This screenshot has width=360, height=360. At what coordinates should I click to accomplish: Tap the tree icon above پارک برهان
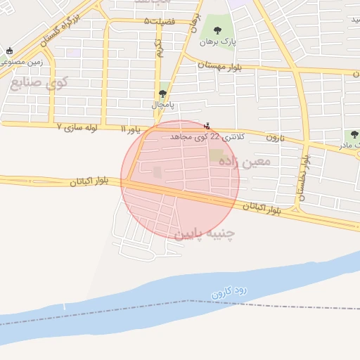tap(217, 30)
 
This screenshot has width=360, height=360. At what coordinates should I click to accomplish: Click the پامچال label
tap(163, 104)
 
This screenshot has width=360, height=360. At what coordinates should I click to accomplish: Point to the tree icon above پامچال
tap(163, 94)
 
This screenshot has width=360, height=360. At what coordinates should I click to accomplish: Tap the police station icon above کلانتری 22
tap(206, 126)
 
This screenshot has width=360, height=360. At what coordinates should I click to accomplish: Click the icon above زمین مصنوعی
tap(9, 51)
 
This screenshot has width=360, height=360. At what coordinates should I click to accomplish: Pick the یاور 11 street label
tap(131, 129)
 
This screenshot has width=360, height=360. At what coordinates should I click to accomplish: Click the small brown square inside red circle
tap(157, 172)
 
